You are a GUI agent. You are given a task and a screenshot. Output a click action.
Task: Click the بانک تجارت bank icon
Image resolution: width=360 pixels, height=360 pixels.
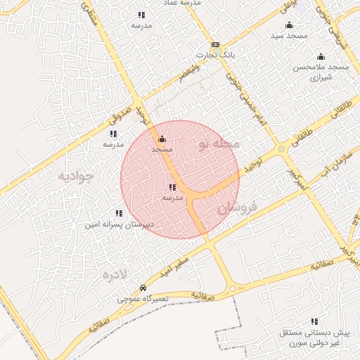pos(215,45)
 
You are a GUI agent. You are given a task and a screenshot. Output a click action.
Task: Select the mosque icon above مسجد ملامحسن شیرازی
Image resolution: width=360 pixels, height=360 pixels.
pos(321,56)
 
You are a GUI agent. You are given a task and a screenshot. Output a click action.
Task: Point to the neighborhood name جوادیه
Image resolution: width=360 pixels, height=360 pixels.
pos(76,176)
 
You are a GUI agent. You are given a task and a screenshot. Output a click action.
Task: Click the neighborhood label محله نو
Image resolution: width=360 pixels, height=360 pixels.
pos(219,144)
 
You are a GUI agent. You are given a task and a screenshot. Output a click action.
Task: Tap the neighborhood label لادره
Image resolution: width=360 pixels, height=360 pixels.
pos(114,274)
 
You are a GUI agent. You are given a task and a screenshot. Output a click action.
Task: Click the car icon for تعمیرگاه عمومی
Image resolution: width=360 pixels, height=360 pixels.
pos(143,288)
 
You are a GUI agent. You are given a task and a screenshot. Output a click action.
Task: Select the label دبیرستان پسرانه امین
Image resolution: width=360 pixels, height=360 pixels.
pos(119,225)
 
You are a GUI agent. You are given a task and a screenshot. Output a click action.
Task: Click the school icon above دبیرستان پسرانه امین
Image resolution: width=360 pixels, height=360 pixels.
pos(119,213)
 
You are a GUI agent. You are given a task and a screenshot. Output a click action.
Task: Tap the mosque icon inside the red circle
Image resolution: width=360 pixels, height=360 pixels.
pos(162,139)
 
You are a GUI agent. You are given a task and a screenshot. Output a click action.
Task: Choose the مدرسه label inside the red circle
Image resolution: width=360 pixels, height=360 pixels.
pos(172,198)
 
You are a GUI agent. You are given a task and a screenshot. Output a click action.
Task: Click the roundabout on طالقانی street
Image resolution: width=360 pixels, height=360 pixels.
pos(281,149)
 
